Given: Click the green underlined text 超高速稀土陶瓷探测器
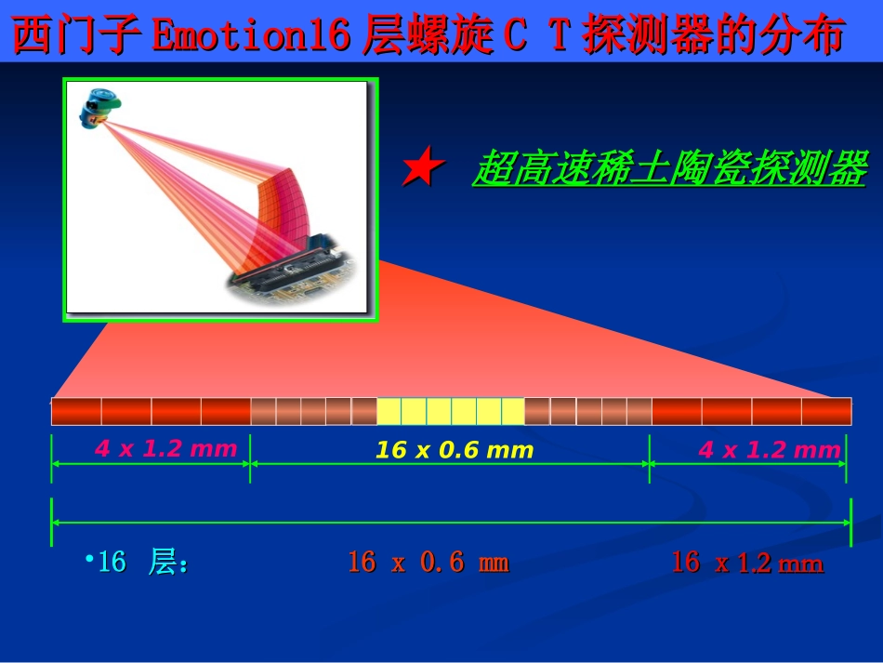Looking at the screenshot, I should tap(669, 169).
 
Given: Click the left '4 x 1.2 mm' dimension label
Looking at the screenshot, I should tap(165, 449).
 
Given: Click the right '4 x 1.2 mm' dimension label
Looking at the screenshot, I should tap(769, 451).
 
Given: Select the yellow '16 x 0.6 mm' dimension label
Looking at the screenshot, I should tap(455, 451).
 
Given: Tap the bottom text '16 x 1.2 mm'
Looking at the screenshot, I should tap(747, 563).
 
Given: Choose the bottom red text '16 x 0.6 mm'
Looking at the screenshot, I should tap(428, 563).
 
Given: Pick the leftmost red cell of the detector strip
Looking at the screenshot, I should tap(76, 411).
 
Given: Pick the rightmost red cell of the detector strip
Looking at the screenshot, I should tap(826, 411).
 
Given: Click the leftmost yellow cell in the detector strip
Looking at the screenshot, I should tap(389, 411).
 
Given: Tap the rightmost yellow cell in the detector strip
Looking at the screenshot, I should tap(513, 411).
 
